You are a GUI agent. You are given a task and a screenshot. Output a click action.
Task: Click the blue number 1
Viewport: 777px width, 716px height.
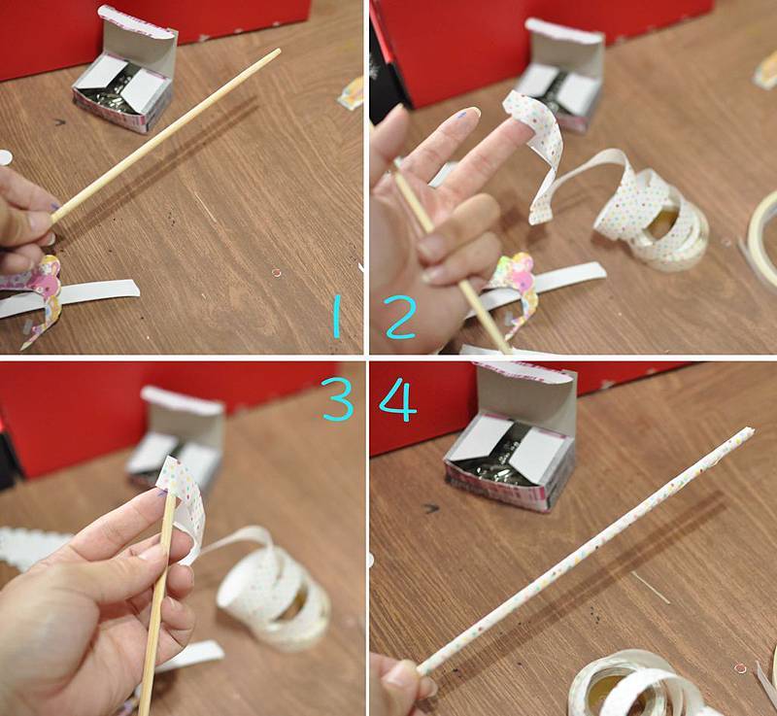(x=337, y=317)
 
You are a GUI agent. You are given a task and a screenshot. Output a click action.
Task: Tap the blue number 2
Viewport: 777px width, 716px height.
(x=399, y=317)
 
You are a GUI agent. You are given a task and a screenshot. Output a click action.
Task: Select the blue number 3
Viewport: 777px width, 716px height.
(x=337, y=399)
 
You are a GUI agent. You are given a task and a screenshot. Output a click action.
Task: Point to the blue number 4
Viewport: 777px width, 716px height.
(x=398, y=399)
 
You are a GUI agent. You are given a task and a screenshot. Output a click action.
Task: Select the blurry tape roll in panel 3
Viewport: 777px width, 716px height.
(x=274, y=590)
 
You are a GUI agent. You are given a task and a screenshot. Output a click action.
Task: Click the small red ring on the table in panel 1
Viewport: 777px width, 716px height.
(x=277, y=273)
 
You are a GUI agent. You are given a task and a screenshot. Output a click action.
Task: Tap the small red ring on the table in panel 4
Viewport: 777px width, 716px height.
(x=740, y=668)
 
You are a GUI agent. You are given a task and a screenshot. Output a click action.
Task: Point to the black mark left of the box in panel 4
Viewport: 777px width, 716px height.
(x=430, y=508)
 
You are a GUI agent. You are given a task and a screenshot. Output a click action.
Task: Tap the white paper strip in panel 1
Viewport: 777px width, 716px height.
(x=75, y=297)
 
